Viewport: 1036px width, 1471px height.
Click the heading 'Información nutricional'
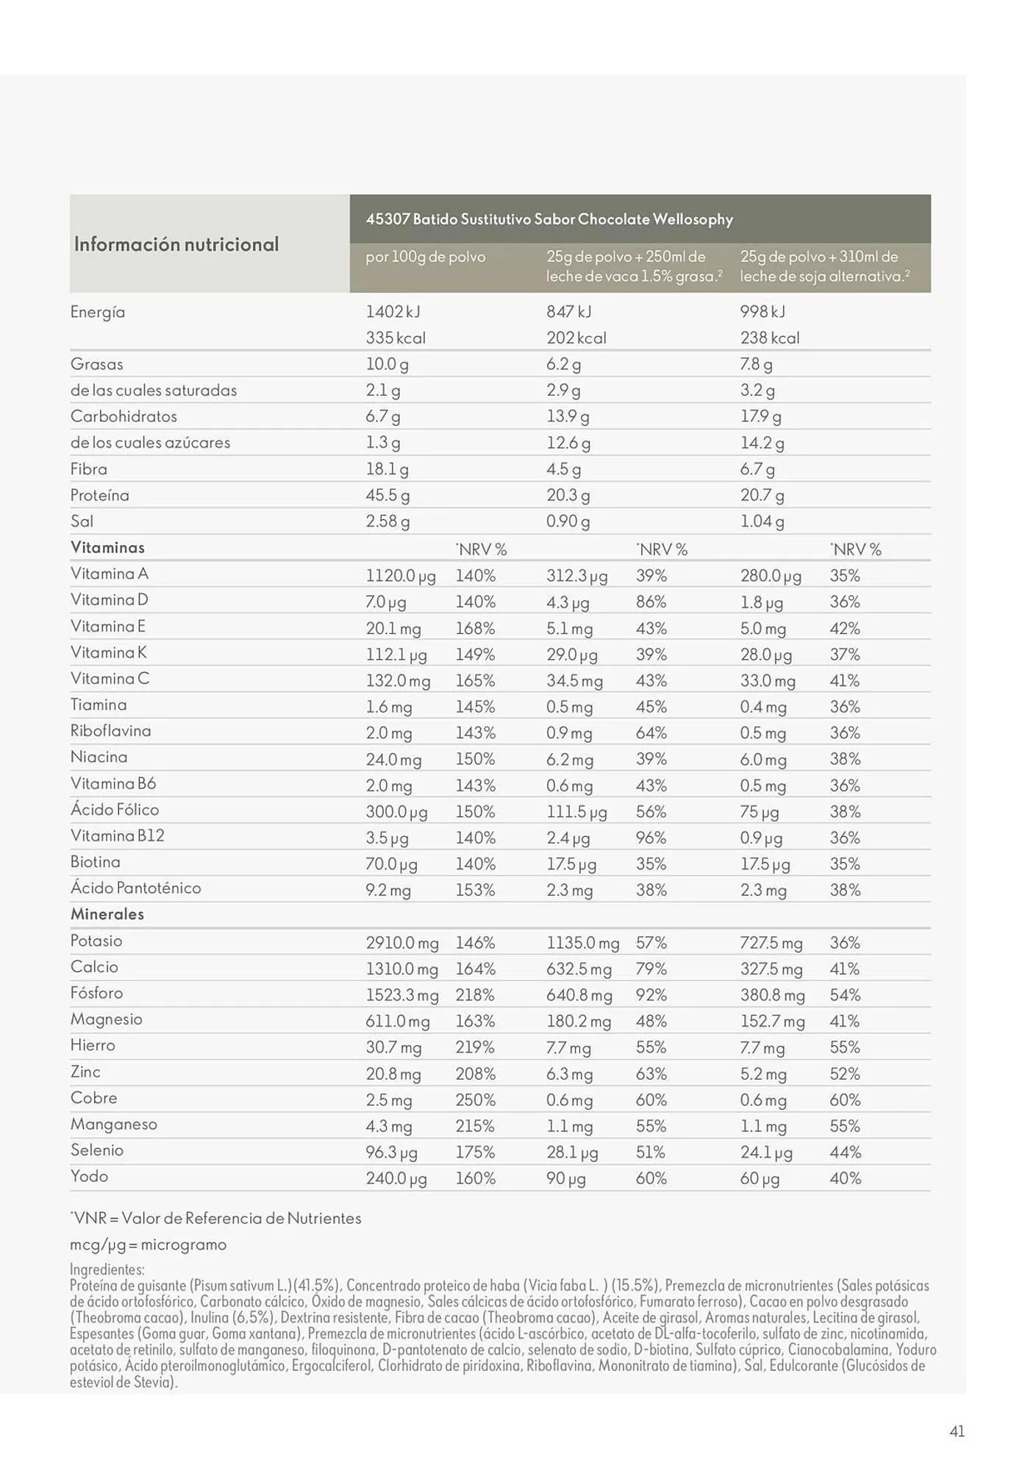176,244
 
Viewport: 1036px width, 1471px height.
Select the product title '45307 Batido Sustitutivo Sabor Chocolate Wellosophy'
549,219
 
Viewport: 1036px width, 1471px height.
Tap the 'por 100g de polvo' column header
426,257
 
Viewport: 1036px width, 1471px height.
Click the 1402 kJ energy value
393,312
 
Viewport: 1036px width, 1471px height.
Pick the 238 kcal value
770,338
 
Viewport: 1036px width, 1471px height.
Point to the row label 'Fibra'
89,469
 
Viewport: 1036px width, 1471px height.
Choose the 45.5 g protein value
387,495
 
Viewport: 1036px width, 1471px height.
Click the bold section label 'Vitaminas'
107,547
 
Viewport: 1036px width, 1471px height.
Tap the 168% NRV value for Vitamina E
475,628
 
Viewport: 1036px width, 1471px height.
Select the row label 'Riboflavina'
111,730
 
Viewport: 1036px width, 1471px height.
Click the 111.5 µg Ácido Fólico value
576,811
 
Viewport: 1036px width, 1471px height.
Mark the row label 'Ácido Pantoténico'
136,888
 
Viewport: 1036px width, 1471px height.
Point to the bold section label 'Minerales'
107,914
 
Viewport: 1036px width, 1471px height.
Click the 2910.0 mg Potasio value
402,942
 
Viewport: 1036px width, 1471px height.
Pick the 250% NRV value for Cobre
475,1100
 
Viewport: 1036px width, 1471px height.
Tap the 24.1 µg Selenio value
766,1152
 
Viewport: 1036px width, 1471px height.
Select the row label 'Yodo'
90,1175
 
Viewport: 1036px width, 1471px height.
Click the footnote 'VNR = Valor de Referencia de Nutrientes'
216,1218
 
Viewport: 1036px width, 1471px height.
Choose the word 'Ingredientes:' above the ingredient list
107,1269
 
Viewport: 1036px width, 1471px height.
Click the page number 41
957,1431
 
